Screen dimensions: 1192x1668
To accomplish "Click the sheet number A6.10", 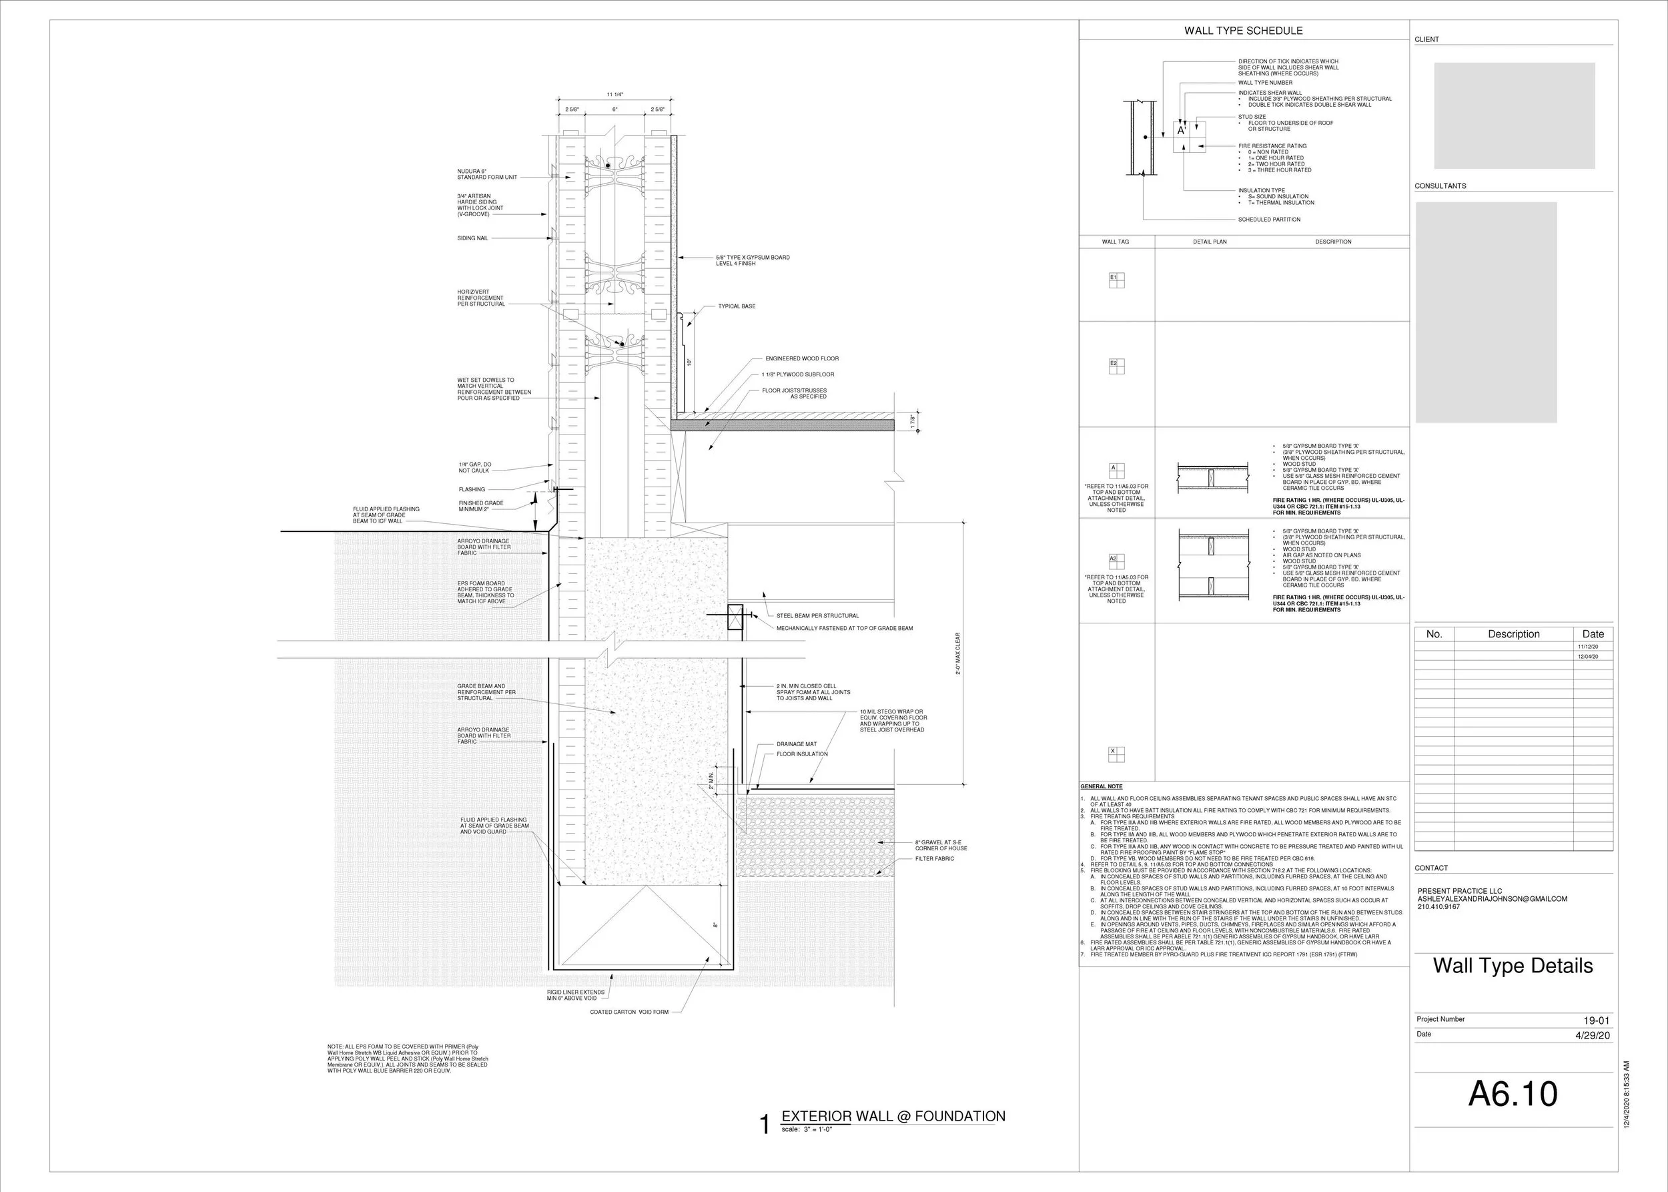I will (1513, 1093).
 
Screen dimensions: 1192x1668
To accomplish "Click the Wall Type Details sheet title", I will (1513, 965).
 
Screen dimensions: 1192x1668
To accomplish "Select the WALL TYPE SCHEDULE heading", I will (1243, 31).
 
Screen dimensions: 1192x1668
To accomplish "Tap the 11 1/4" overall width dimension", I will (614, 95).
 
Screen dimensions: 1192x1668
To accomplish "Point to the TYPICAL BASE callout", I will (736, 306).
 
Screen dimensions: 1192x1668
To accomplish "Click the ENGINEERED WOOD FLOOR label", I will (801, 359).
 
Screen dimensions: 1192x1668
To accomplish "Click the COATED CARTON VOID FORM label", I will (629, 1012).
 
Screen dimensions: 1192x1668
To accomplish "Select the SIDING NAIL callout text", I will (472, 238).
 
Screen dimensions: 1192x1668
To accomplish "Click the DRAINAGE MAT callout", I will (796, 744).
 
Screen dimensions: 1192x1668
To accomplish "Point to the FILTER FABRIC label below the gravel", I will (934, 859).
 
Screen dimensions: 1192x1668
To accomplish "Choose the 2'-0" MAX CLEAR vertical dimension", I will (957, 654).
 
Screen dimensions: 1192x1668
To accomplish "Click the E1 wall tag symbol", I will (1116, 280).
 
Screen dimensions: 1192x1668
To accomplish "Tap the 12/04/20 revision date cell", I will (1587, 657).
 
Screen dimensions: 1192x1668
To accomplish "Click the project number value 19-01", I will (1596, 1020).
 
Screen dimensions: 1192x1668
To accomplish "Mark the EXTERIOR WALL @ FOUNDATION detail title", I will (893, 1117).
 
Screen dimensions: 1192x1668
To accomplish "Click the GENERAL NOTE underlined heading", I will (1101, 787).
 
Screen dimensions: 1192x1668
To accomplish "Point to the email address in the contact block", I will (1492, 899).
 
